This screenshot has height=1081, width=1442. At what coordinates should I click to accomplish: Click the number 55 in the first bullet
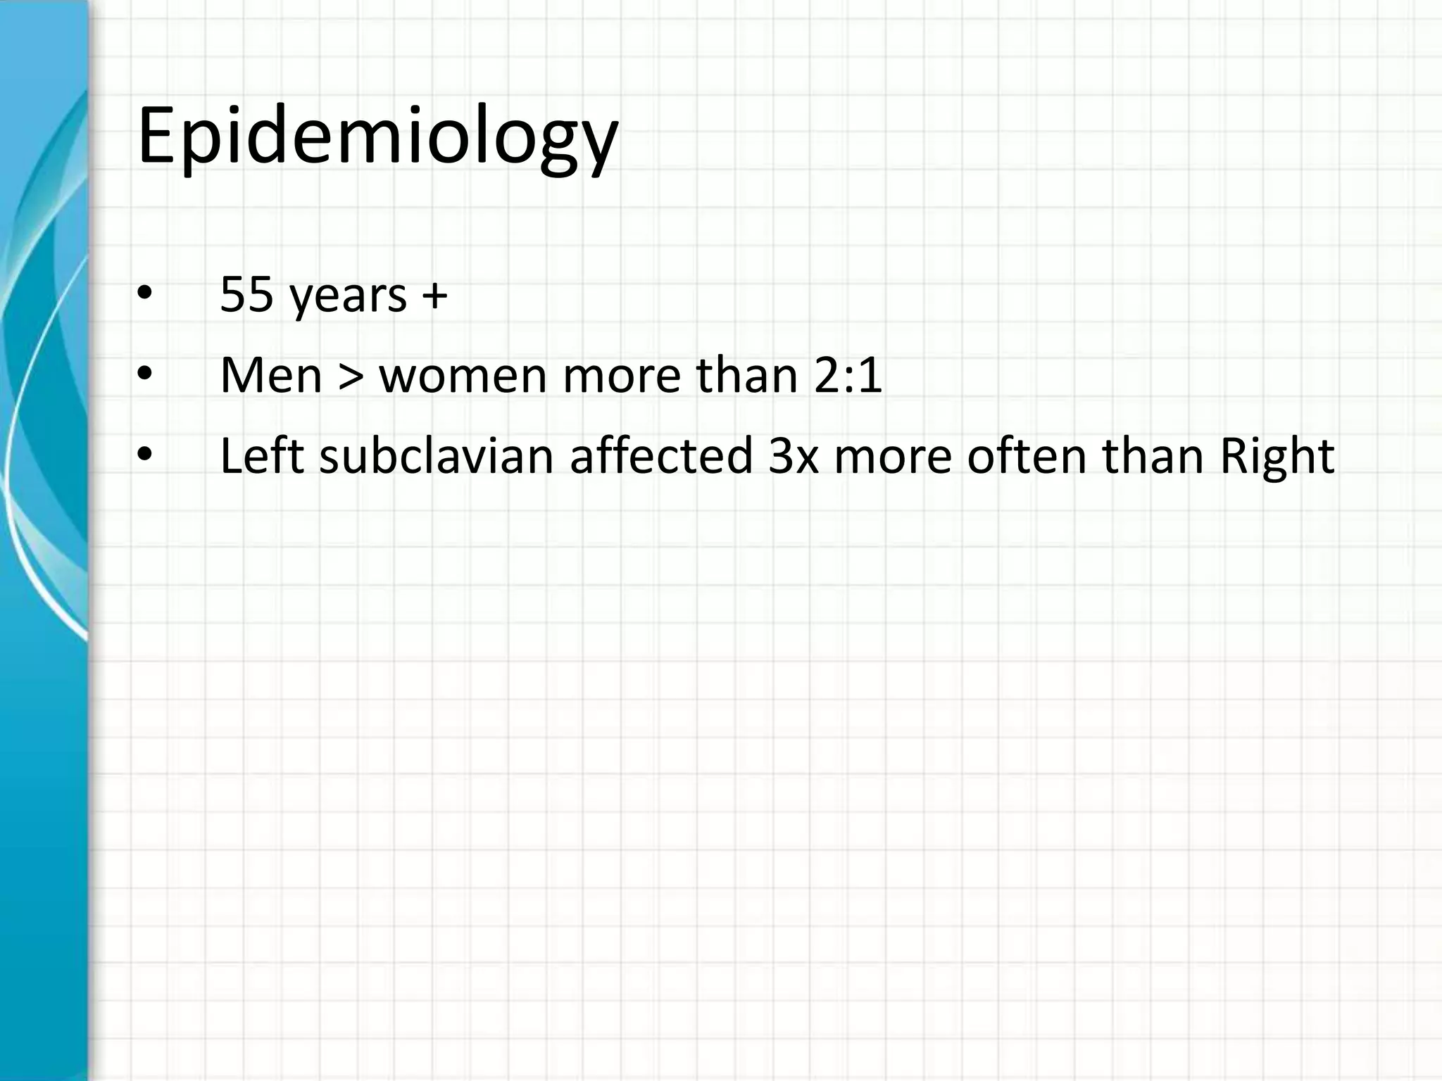tap(246, 294)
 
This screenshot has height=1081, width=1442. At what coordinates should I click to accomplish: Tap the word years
tap(349, 297)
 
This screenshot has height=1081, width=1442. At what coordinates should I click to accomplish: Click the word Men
tap(271, 375)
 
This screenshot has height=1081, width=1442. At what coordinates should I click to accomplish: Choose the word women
tap(463, 377)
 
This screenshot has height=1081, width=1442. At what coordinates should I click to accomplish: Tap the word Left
tap(261, 456)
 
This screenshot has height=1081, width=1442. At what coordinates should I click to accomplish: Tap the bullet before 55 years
tap(144, 296)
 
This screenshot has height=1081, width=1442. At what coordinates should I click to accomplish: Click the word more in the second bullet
tap(622, 377)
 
